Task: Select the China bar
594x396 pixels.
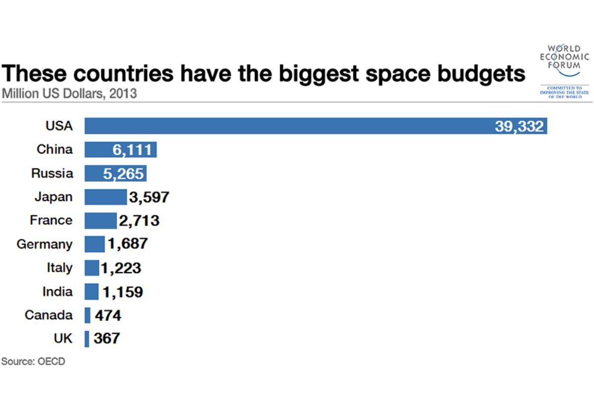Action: tap(99, 149)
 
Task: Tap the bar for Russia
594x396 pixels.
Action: tap(94, 173)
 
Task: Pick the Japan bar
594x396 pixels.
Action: tap(105, 197)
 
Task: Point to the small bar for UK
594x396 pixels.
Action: tap(87, 339)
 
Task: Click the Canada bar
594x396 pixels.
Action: tap(88, 315)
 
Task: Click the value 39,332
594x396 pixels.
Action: tap(519, 126)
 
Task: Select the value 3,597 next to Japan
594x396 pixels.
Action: tap(149, 198)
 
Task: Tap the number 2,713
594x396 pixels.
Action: tap(139, 221)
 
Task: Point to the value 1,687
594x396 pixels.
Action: tap(127, 244)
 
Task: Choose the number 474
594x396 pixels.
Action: tap(107, 316)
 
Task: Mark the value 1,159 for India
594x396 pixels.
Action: tap(123, 292)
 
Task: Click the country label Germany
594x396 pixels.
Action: tap(45, 245)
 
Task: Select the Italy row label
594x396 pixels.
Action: tap(59, 268)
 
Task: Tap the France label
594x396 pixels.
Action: tap(51, 220)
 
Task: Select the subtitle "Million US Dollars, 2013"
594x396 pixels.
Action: tap(69, 93)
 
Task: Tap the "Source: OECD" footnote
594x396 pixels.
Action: tap(33, 361)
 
